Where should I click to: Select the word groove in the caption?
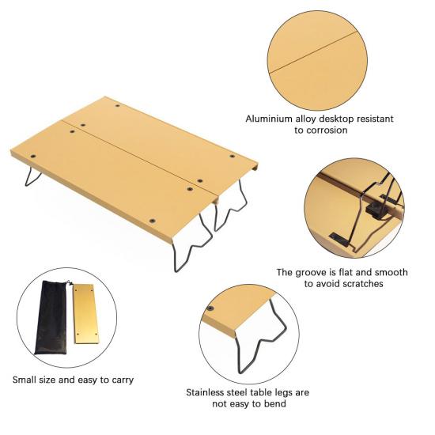(310, 272)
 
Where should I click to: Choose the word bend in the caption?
(274, 403)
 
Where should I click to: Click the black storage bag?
(51, 318)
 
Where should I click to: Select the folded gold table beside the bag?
(85, 314)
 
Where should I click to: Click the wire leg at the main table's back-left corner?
(32, 176)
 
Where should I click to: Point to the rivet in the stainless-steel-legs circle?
(211, 308)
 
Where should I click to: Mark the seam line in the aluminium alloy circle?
(313, 51)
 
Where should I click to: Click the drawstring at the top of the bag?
(69, 283)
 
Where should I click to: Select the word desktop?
(336, 119)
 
